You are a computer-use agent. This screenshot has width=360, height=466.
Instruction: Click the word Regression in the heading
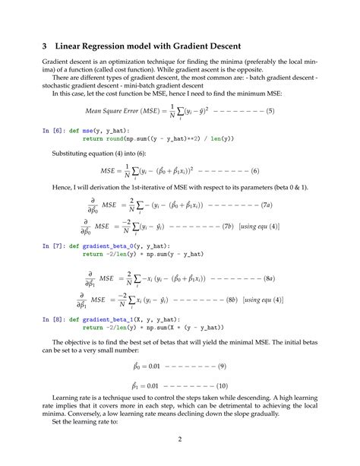click(x=109, y=45)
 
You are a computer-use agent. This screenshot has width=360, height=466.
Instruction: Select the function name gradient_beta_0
click(x=108, y=246)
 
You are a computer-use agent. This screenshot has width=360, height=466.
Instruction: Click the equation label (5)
click(x=270, y=112)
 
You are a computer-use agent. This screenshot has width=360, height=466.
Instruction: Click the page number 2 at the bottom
click(x=180, y=439)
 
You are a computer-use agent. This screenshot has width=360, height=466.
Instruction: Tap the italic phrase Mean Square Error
click(x=112, y=112)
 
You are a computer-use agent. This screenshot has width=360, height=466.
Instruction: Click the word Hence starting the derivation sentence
click(x=63, y=188)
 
